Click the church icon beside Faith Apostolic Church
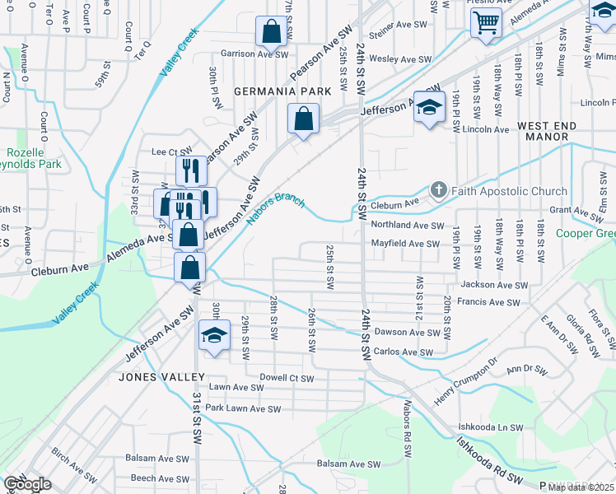438,191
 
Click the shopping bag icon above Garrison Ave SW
271,32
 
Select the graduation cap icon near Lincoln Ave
429,107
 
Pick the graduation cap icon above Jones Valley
215,335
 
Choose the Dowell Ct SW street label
287,379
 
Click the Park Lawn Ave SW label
243,408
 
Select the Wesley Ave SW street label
400,59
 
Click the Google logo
27,485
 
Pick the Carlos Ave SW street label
403,352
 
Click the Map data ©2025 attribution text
581,487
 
